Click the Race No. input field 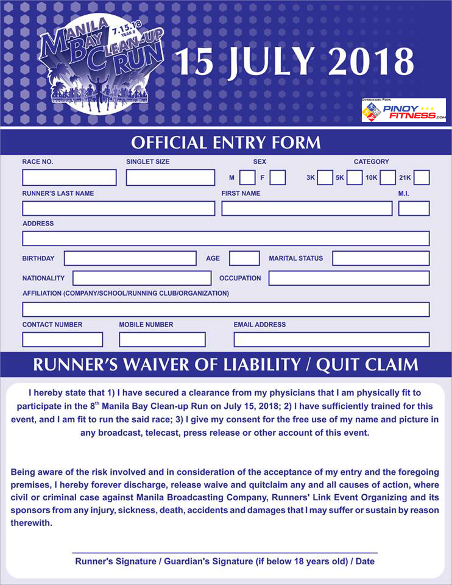(69, 177)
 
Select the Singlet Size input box (170, 177)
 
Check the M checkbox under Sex (247, 177)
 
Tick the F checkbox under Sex (278, 177)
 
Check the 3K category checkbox (325, 177)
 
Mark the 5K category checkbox (355, 177)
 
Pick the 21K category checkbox (422, 177)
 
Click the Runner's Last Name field (118, 208)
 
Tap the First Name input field (306, 208)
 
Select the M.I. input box (414, 208)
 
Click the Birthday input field (130, 258)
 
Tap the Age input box (244, 258)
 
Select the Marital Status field (381, 258)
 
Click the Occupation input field (348, 278)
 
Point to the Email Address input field (331, 339)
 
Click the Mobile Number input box (162, 339)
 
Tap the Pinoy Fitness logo (403, 110)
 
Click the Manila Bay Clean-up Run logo (101, 64)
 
